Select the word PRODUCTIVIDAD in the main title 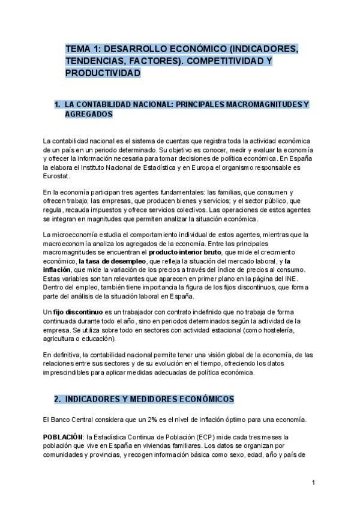[103, 73]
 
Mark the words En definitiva [62, 356]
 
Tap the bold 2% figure [154, 418]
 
